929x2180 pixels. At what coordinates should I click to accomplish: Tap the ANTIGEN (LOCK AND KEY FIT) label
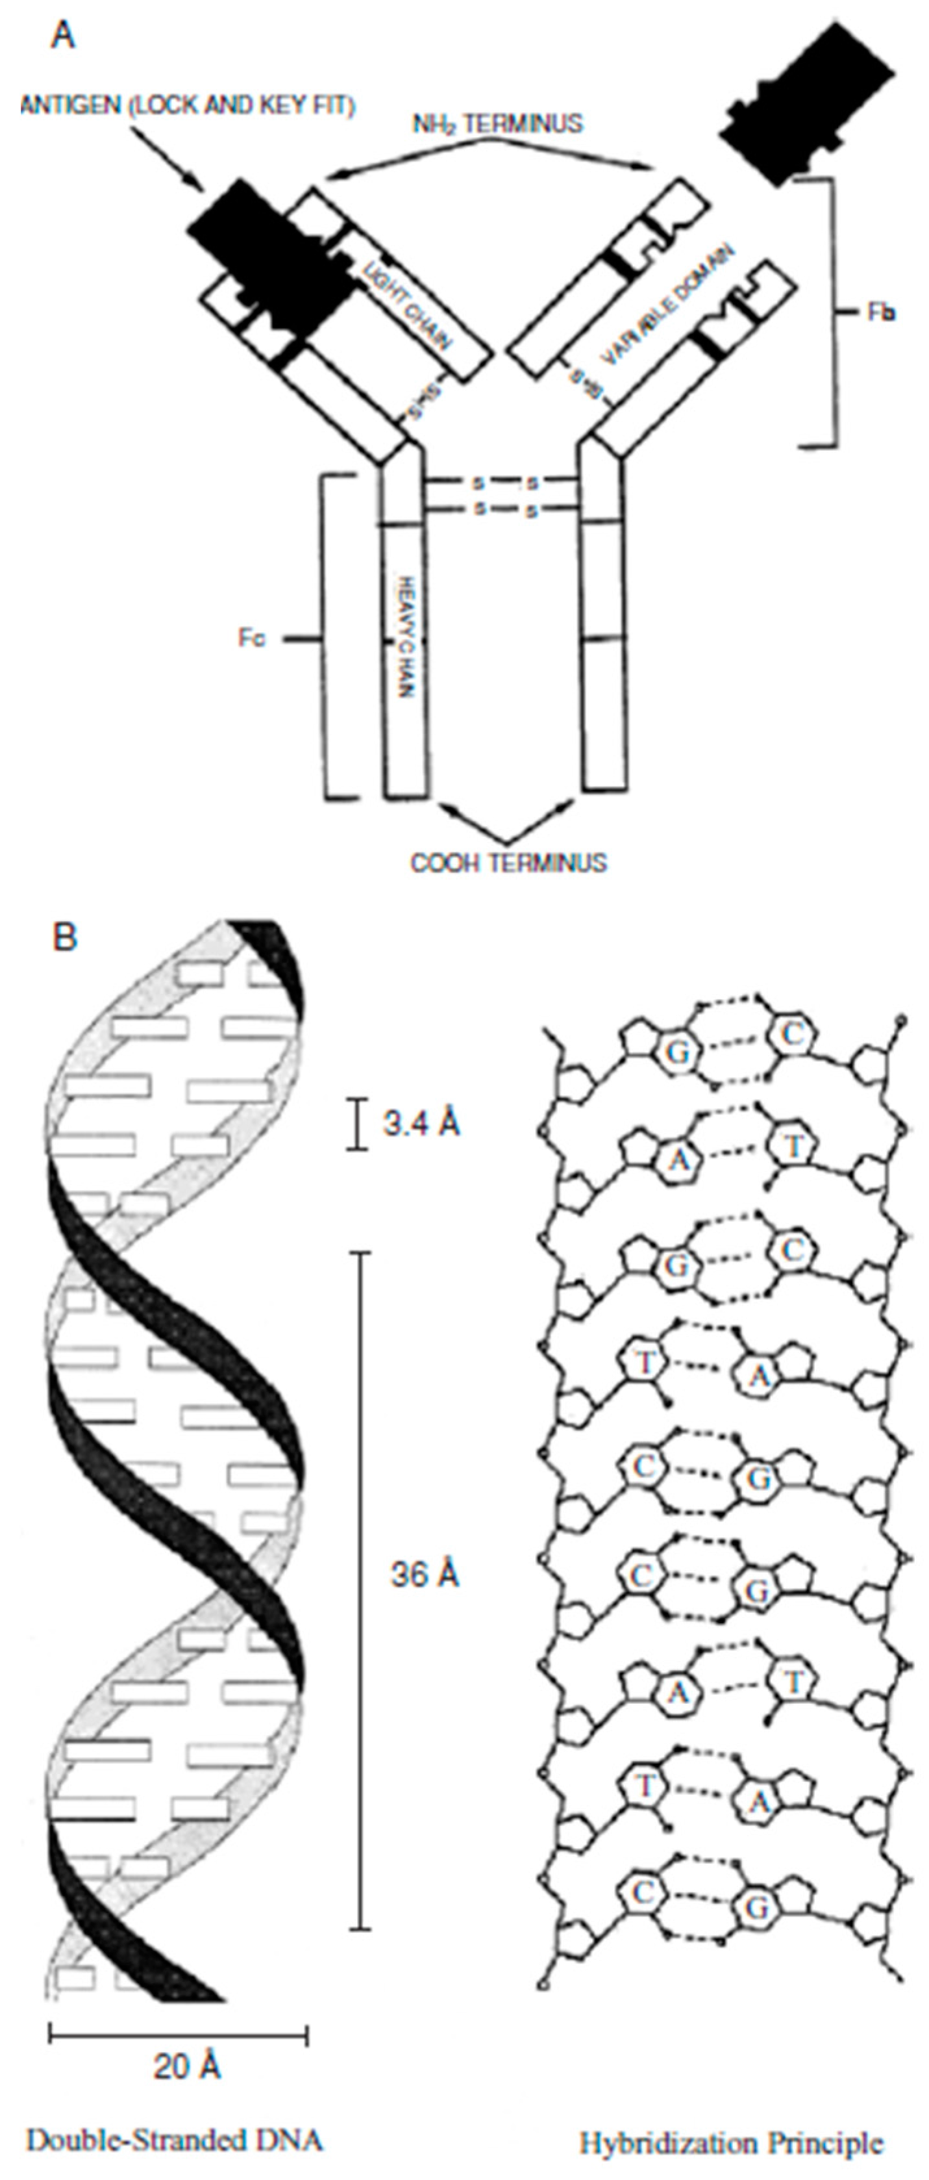click(x=188, y=106)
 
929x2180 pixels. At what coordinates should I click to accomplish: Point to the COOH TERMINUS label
click(x=508, y=863)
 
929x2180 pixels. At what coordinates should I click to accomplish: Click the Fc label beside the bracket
click(x=251, y=639)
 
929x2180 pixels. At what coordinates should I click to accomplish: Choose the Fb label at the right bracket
click(x=882, y=312)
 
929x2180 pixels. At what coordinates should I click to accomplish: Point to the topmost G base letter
click(x=677, y=1054)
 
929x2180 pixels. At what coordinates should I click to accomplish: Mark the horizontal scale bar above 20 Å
click(x=178, y=2029)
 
